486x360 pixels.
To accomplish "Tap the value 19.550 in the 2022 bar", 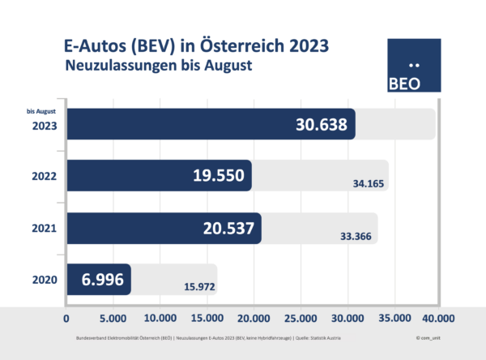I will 207,176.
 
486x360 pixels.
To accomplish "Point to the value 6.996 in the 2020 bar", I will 102,279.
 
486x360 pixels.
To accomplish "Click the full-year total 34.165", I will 364,185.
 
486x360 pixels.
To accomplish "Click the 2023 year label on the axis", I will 45,126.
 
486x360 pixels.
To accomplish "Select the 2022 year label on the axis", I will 45,177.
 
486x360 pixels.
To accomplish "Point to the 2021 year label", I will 45,229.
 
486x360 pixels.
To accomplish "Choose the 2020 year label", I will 45,280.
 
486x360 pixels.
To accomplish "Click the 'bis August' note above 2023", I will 41,112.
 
